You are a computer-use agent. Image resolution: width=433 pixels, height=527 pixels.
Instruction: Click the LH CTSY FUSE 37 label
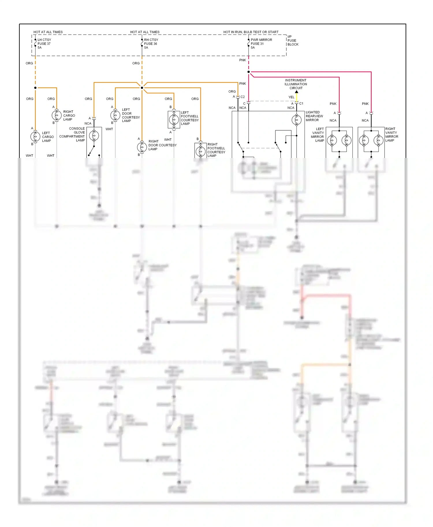tap(44, 44)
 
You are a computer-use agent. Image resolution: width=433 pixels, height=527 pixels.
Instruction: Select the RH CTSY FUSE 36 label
tap(151, 44)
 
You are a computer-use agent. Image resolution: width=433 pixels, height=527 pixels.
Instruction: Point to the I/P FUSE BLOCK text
tap(292, 41)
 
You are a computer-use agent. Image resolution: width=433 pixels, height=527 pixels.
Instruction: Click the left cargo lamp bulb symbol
tap(35, 137)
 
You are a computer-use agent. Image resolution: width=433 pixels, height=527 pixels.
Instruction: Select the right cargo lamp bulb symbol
tap(57, 115)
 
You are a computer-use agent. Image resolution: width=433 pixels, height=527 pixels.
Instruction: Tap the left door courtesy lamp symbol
tap(115, 115)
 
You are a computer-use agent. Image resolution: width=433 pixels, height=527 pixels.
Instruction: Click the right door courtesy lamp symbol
tap(142, 147)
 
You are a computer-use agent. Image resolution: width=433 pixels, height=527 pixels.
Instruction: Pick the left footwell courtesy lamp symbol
tap(174, 119)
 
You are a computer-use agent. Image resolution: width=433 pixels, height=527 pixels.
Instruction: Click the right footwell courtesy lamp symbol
tap(200, 151)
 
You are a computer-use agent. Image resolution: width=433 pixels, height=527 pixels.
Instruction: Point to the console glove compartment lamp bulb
tap(94, 135)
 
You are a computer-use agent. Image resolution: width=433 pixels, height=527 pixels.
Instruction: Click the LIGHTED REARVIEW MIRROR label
tap(314, 116)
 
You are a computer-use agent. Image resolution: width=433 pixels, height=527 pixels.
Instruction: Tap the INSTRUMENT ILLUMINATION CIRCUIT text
tap(296, 84)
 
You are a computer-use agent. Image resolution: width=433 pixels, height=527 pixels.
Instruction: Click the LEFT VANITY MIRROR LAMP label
tap(318, 135)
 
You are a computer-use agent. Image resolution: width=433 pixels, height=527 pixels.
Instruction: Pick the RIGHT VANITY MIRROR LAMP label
tap(391, 135)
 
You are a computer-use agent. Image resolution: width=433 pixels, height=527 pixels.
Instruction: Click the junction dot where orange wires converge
tap(142, 88)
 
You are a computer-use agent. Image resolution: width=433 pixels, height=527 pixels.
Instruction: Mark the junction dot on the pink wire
tap(249, 72)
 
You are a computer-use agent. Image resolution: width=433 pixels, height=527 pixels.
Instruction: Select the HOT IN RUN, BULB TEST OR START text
tap(251, 32)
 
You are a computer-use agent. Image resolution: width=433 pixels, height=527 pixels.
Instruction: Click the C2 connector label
tap(242, 97)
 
